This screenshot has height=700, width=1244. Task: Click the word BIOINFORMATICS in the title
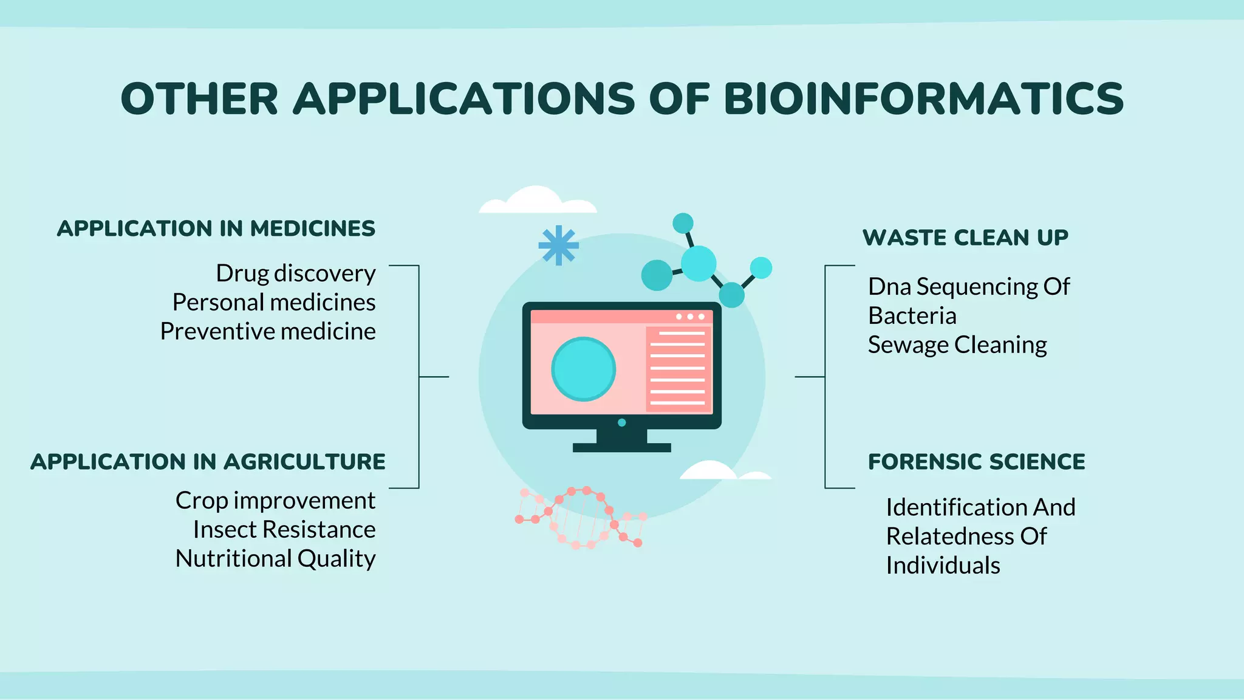point(923,99)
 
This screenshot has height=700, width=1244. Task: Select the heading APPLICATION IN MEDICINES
point(216,229)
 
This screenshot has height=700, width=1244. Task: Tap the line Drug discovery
point(296,273)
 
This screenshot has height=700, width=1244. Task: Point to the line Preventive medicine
point(268,332)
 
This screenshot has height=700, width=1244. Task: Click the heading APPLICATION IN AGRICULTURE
point(208,462)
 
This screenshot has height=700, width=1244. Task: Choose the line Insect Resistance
point(284,530)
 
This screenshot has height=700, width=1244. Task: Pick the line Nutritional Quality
point(276,559)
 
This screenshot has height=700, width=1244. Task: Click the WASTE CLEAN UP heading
point(965,238)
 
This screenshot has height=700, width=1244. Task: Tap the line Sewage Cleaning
point(957,345)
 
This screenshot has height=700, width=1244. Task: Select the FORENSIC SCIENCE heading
point(977,462)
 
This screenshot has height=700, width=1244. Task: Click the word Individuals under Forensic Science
point(943,566)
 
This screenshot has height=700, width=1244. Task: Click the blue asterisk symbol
point(558,245)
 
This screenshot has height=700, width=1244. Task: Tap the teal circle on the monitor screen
point(583,369)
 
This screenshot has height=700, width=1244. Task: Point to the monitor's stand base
point(621,447)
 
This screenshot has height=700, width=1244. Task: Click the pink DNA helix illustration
point(580,516)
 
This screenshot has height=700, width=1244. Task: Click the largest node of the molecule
point(699,263)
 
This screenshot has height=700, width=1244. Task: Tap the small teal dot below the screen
point(621,422)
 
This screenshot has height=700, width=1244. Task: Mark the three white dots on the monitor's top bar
point(690,317)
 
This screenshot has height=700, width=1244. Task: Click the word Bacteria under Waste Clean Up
point(912,316)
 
